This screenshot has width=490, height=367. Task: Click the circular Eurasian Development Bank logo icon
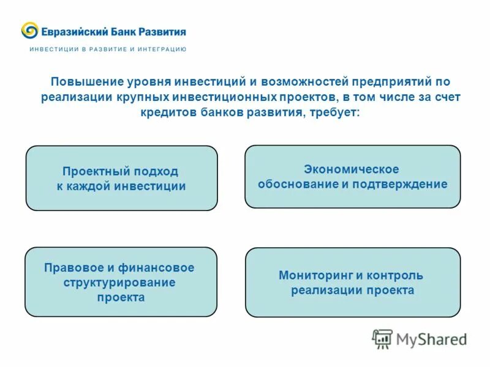point(30,31)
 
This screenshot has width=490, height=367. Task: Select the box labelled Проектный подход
point(121,178)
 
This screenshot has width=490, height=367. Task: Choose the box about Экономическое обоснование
point(352,176)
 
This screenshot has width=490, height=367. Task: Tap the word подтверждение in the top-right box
point(404,184)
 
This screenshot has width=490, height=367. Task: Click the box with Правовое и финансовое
point(121,281)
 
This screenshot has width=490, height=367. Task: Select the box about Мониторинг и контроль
point(352,282)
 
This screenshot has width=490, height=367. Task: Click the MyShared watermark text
point(431,339)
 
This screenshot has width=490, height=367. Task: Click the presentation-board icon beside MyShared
point(382,338)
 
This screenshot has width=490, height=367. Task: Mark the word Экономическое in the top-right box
point(352,169)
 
